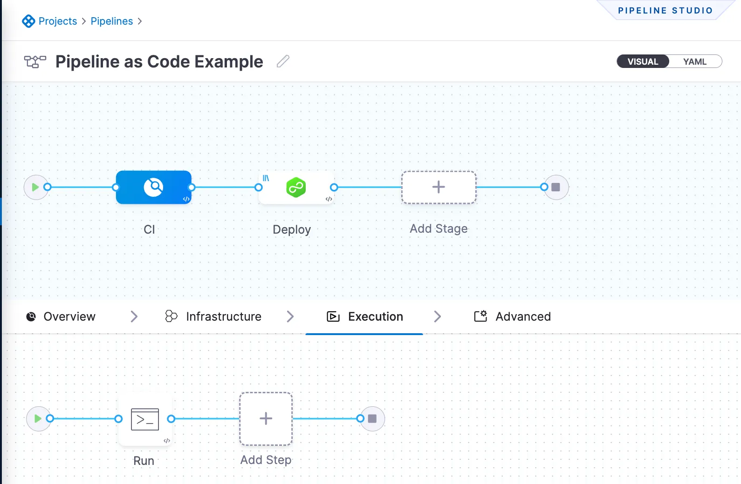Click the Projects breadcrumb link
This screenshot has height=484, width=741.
[57, 21]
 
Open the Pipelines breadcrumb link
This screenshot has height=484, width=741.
[111, 21]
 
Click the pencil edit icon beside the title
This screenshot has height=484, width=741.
[283, 61]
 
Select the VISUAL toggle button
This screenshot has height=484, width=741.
[643, 61]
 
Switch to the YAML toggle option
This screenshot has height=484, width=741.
[694, 61]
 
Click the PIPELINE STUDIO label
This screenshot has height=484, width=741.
[665, 11]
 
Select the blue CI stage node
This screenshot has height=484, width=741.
[153, 187]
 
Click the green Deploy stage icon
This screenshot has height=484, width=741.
[296, 187]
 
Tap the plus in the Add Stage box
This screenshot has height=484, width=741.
[439, 187]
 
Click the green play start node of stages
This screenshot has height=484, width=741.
[35, 187]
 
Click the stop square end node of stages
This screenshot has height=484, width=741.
[556, 187]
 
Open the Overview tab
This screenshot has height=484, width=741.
[69, 316]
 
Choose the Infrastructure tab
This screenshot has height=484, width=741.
[223, 316]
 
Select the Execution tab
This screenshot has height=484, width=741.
[375, 316]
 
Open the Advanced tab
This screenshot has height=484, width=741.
[522, 316]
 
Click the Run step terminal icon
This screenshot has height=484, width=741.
[145, 419]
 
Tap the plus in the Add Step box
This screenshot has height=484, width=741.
[266, 418]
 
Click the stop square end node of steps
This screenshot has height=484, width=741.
[372, 418]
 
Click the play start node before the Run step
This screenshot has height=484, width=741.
[38, 418]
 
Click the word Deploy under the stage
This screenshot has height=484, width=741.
[292, 229]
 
